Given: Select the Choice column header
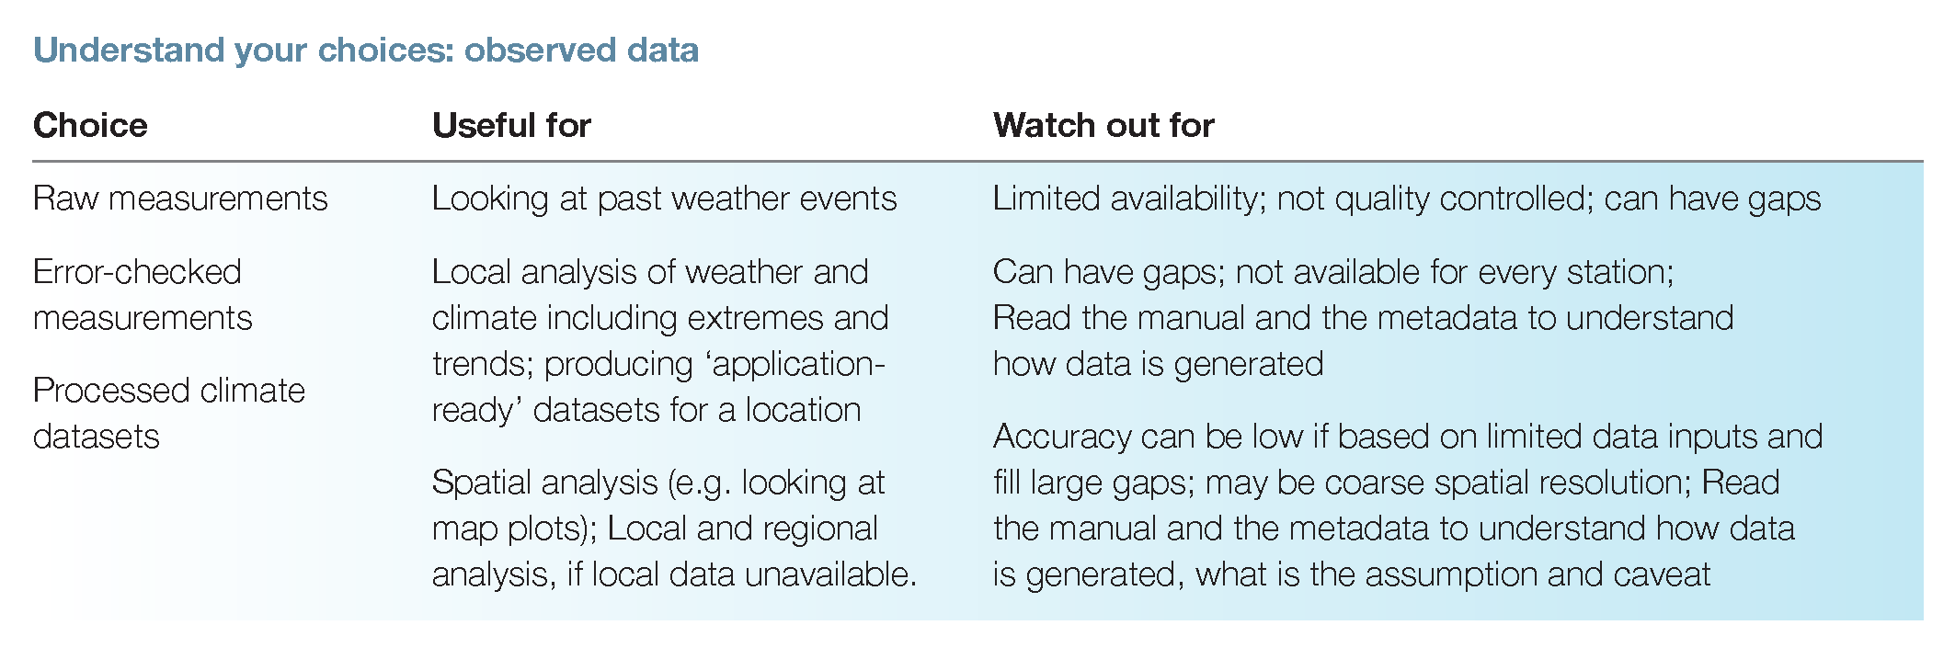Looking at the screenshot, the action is tap(90, 125).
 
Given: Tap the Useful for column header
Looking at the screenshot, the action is tap(511, 125).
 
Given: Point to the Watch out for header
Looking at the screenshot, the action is tap(1103, 125).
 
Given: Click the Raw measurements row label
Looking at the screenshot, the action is tap(180, 199).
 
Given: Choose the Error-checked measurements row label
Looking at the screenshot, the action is tap(143, 294).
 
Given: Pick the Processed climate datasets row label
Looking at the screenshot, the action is tap(169, 414).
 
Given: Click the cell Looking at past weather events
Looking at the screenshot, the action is tap(664, 199).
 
